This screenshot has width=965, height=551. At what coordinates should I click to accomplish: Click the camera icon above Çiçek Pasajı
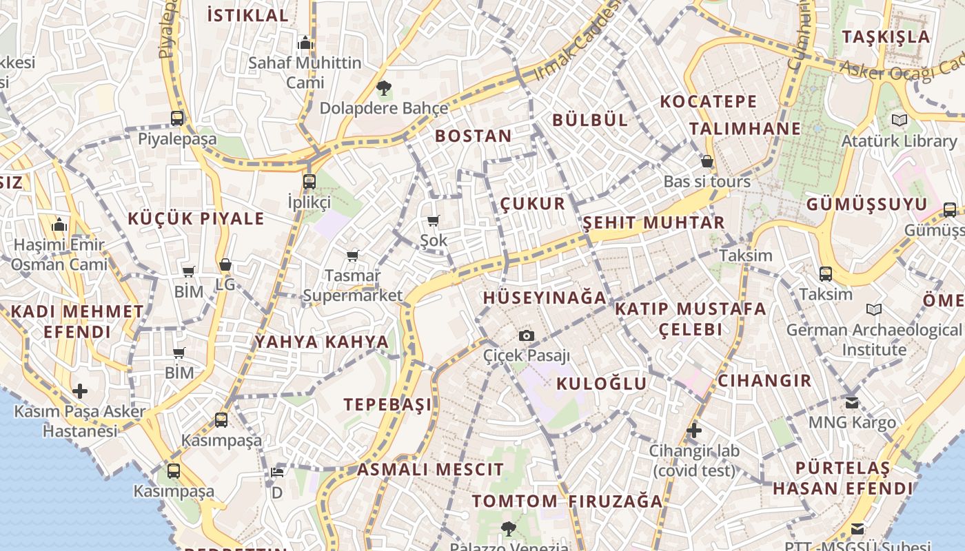(527, 335)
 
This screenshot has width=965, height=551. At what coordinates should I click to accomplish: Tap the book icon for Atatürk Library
(900, 120)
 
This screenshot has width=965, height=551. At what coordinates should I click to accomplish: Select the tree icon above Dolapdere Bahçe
(384, 87)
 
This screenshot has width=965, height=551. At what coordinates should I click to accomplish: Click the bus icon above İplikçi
(309, 182)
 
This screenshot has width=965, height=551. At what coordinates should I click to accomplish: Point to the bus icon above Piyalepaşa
(177, 118)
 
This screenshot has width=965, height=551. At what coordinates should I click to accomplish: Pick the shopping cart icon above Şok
(433, 220)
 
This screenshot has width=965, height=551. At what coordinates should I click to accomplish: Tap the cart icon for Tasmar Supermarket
(353, 256)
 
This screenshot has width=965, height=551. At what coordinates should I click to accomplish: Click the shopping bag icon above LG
(225, 264)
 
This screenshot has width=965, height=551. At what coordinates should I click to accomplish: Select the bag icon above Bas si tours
(707, 162)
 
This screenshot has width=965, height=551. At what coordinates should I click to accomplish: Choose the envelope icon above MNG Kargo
(853, 402)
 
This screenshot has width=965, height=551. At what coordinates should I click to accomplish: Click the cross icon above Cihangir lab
(694, 431)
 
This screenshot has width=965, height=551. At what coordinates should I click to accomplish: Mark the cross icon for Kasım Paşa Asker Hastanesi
(80, 391)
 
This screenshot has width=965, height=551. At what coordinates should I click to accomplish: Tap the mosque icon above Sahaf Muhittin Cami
(305, 43)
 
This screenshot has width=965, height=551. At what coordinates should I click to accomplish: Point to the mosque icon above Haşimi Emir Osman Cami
(59, 225)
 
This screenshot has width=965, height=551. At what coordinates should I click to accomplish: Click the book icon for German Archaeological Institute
(874, 310)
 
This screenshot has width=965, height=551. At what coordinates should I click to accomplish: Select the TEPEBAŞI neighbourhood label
(388, 404)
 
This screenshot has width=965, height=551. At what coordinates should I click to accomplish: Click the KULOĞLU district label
(602, 384)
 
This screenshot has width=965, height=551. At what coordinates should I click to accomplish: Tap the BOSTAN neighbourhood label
(474, 136)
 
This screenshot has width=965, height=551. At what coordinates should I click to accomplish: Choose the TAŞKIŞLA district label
(886, 37)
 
